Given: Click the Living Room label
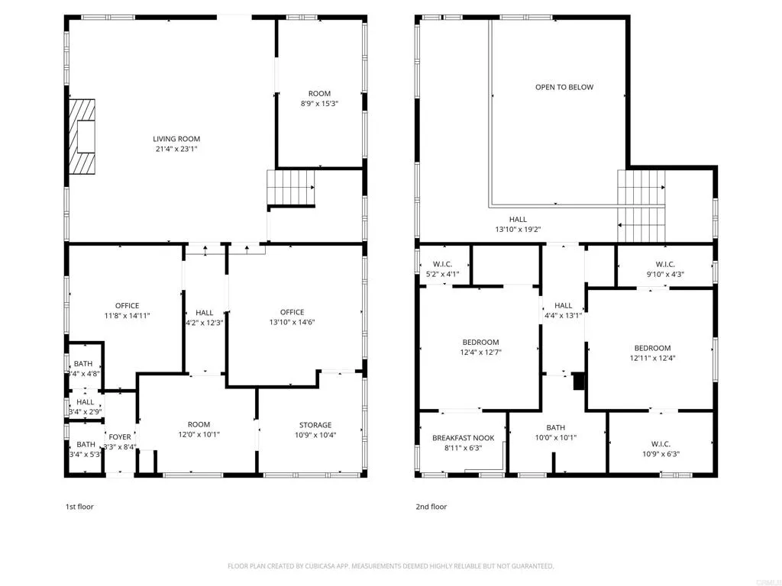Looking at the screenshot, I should (176, 139).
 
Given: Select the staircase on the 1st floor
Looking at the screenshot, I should (290, 188).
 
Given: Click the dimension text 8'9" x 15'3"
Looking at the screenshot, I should (319, 104).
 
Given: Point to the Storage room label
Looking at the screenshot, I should (315, 425).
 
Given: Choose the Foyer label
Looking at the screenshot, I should (119, 437).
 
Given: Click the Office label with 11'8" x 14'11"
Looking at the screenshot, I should (127, 306).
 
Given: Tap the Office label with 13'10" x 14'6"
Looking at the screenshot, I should (292, 312).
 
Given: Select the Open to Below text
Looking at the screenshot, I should (564, 87).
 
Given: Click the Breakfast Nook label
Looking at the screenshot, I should (463, 438).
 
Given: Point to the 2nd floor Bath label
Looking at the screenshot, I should (555, 427).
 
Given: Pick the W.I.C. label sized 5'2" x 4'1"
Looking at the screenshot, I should (442, 265).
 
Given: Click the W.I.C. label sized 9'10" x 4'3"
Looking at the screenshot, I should (664, 265).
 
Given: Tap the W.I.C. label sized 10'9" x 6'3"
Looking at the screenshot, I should (660, 444).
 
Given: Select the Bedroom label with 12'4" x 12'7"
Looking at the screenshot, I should (480, 342).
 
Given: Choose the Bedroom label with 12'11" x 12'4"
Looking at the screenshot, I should (652, 348).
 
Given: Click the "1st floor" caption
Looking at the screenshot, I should (79, 507).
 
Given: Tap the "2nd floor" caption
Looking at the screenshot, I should (431, 507).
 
